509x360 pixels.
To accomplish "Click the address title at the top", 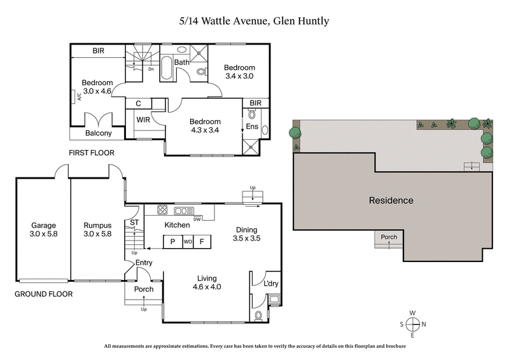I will coord(254,21).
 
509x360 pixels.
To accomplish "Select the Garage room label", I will coord(43,230).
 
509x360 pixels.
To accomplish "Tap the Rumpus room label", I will coord(97,230).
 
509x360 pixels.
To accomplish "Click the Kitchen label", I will coord(178,225).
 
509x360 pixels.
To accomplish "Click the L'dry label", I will coord(272,284).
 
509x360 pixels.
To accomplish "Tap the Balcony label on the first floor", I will coord(99,134).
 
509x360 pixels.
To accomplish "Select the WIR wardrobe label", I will coord(143,118).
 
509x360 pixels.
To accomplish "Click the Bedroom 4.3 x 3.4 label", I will coord(205,126).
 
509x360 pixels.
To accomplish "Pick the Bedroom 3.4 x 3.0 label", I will coord(239,72).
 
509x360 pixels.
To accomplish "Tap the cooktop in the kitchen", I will coord(162,211).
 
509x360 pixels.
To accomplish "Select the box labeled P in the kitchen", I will coord(172,242).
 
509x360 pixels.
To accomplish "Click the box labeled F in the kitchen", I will coord(202,242).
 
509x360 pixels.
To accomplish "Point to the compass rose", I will coord(413,324).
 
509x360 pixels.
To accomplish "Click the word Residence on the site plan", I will coord(391,200).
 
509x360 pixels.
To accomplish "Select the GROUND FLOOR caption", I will coord(43,294).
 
